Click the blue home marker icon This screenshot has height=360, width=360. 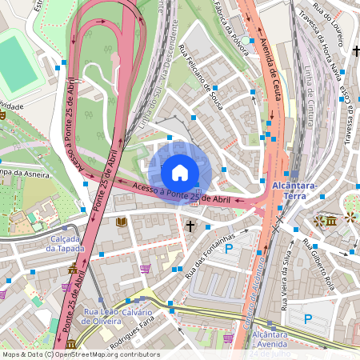pos(180,172)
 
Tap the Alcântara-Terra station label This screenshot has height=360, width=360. pos(302,190)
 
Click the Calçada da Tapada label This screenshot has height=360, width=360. pos(52,243)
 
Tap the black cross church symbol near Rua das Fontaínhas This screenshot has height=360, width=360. pos(190,226)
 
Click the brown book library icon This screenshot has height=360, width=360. pos(122,222)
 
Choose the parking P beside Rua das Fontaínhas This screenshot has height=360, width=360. pos(228,250)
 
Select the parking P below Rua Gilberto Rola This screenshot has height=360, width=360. pos(310,319)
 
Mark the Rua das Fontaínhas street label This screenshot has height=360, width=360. pos(208,251)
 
